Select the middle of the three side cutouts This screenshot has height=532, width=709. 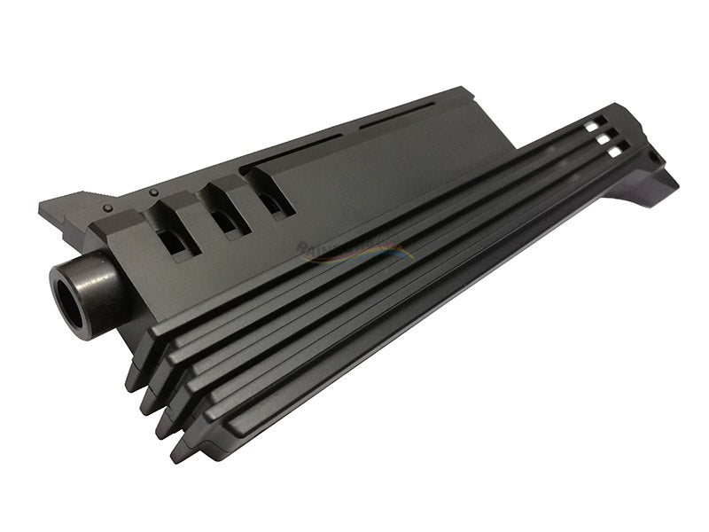[x=223, y=216]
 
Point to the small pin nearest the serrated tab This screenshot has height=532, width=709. [x=108, y=208]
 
